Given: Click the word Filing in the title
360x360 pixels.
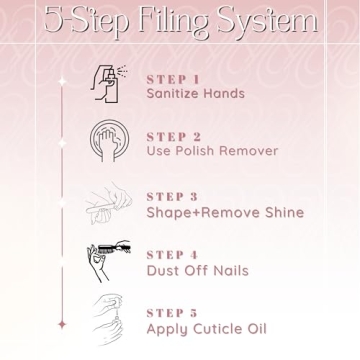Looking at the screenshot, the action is (172, 23).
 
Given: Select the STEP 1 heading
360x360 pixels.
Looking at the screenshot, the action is (173, 80).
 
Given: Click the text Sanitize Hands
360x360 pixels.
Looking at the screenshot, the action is (196, 93).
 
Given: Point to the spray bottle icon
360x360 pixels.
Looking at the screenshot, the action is (109, 84).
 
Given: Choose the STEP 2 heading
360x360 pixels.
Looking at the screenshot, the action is (174, 137).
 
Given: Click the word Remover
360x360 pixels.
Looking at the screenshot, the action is (248, 151).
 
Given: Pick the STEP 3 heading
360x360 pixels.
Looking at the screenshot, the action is (172, 197).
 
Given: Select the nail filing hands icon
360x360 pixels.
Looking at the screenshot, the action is (109, 202).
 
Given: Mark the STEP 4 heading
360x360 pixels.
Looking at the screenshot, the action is (172, 255).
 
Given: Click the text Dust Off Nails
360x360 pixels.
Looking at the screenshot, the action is (198, 270).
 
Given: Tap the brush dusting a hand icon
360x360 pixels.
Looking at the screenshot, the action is (109, 261).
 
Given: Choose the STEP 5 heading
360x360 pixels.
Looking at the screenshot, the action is (172, 313).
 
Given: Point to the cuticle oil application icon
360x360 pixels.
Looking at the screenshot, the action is (108, 319).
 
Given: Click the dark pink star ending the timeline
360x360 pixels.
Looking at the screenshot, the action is (62, 324).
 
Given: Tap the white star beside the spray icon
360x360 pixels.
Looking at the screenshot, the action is (62, 81).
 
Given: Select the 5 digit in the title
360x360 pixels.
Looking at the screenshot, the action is (53, 21).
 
